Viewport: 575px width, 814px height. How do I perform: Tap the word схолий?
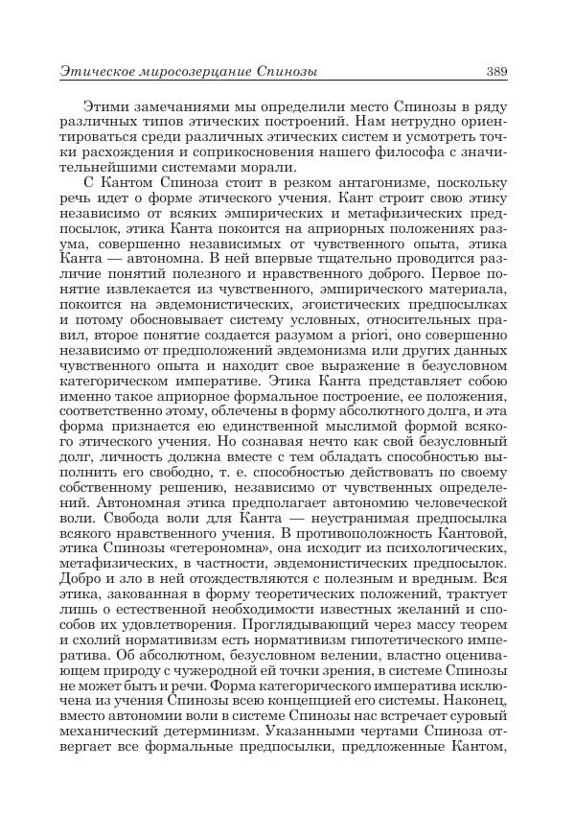point(106,641)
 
